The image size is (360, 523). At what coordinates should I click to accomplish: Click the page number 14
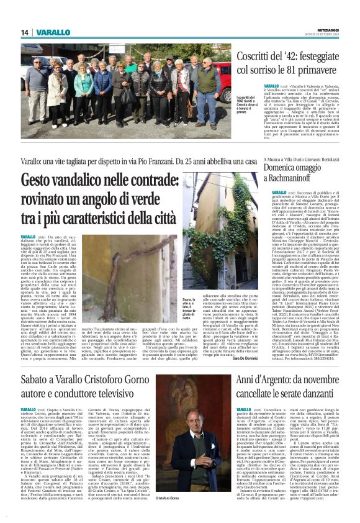(25, 32)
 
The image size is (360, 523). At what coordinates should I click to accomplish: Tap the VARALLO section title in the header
(53, 32)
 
